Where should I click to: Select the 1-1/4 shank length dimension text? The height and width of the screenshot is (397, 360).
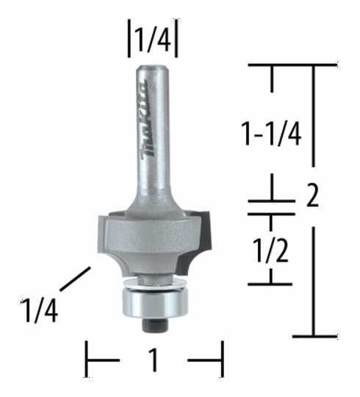271,133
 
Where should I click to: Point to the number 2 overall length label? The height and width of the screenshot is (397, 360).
312,195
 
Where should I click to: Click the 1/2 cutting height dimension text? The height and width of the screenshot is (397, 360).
271,250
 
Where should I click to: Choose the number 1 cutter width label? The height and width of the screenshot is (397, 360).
154,360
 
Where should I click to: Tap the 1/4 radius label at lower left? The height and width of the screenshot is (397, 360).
40,310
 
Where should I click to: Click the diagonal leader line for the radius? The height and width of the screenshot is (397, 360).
76,279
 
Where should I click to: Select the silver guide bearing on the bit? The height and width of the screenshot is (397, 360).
155,303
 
